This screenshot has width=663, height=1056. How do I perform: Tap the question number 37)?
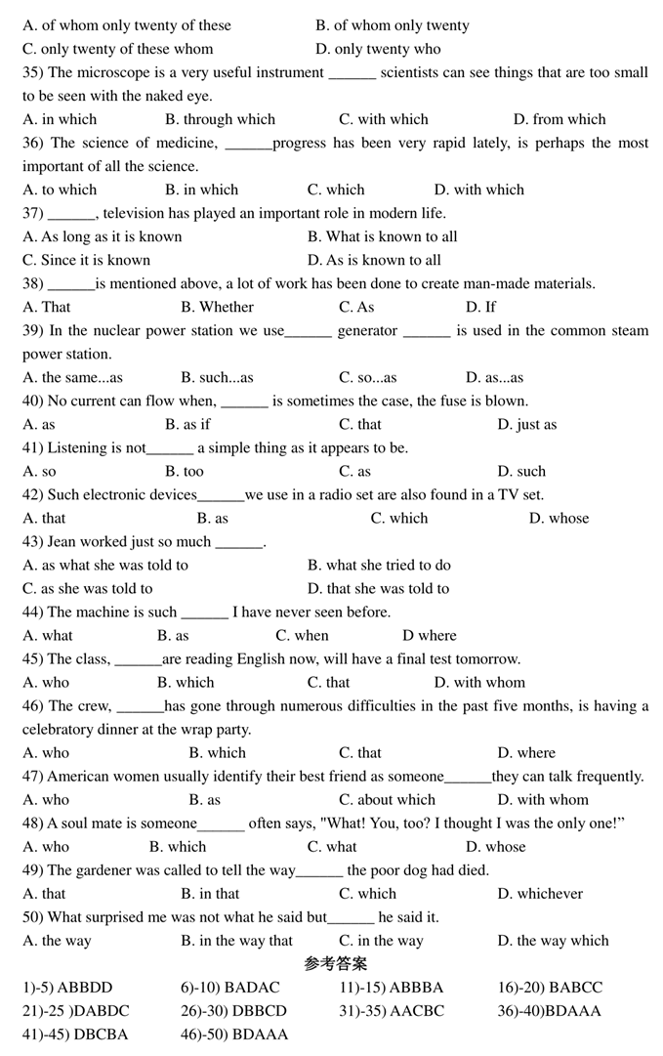point(33,213)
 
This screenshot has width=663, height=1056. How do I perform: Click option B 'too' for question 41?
point(185,471)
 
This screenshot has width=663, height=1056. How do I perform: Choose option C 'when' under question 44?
point(302,635)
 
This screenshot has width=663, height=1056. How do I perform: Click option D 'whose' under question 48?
point(495,847)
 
